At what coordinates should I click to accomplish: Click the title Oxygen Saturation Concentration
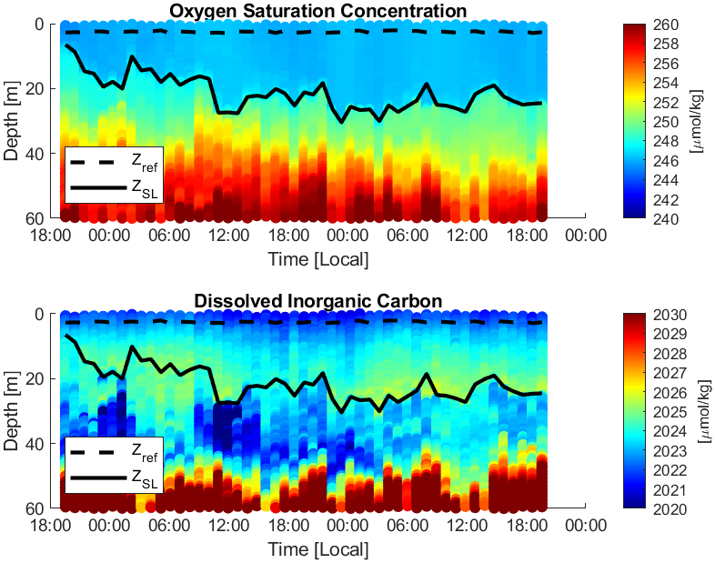pyautogui.click(x=317, y=11)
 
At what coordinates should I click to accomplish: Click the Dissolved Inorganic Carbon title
pyautogui.click(x=317, y=301)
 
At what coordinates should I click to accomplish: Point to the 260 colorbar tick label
pyautogui.click(x=666, y=25)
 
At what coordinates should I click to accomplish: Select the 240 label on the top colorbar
pyautogui.click(x=666, y=219)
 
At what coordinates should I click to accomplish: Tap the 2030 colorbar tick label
pyautogui.click(x=670, y=315)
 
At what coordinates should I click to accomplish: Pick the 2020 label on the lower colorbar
pyautogui.click(x=670, y=509)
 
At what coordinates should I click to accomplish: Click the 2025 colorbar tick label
pyautogui.click(x=670, y=412)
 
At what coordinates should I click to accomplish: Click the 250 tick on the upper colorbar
pyautogui.click(x=666, y=122)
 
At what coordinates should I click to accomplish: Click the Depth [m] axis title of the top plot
pyautogui.click(x=11, y=121)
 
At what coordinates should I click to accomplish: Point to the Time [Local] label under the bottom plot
pyautogui.click(x=317, y=549)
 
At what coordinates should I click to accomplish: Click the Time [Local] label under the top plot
pyautogui.click(x=317, y=259)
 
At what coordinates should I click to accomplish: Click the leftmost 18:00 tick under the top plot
pyautogui.click(x=50, y=236)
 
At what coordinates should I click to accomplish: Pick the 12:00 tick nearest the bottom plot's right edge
pyautogui.click(x=468, y=526)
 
